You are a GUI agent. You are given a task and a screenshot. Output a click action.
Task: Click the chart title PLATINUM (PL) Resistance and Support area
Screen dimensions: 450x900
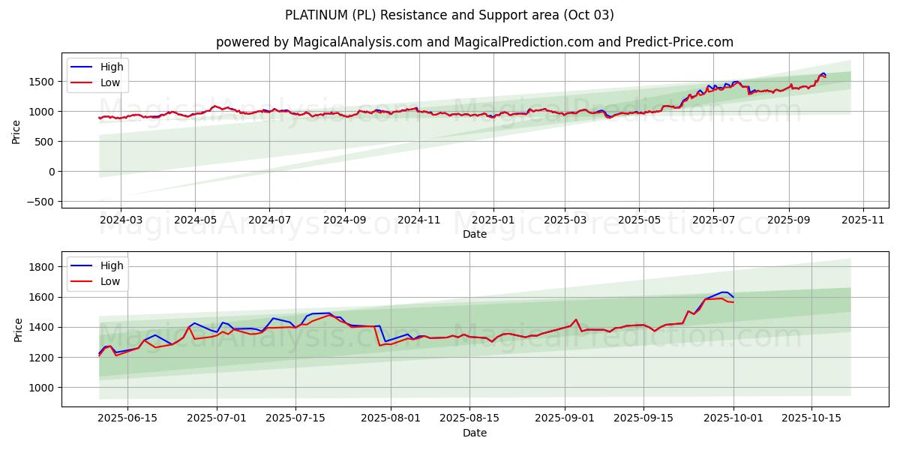click(449, 15)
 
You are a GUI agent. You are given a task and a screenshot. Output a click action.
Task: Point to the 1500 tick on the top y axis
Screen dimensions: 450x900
click(43, 81)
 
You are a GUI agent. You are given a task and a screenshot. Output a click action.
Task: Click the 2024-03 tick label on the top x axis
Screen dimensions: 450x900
click(121, 220)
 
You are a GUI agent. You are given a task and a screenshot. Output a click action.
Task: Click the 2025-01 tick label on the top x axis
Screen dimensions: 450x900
click(493, 220)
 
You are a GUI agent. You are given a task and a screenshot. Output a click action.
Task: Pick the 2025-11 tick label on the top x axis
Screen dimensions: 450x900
click(863, 220)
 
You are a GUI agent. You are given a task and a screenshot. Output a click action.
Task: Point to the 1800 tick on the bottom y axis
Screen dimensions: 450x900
click(43, 267)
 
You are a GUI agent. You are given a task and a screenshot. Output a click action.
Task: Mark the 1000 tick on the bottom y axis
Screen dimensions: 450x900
click(43, 388)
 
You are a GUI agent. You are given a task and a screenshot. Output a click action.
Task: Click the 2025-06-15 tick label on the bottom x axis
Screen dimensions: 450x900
click(127, 418)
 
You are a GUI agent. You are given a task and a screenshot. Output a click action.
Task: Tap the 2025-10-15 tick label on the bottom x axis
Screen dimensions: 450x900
click(811, 418)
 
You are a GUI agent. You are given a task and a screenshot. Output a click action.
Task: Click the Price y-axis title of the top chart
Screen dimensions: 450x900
click(16, 130)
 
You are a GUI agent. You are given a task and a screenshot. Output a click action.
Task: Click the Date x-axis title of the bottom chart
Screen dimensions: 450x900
click(475, 433)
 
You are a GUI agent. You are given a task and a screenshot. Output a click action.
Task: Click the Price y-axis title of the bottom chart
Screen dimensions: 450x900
click(16, 329)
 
